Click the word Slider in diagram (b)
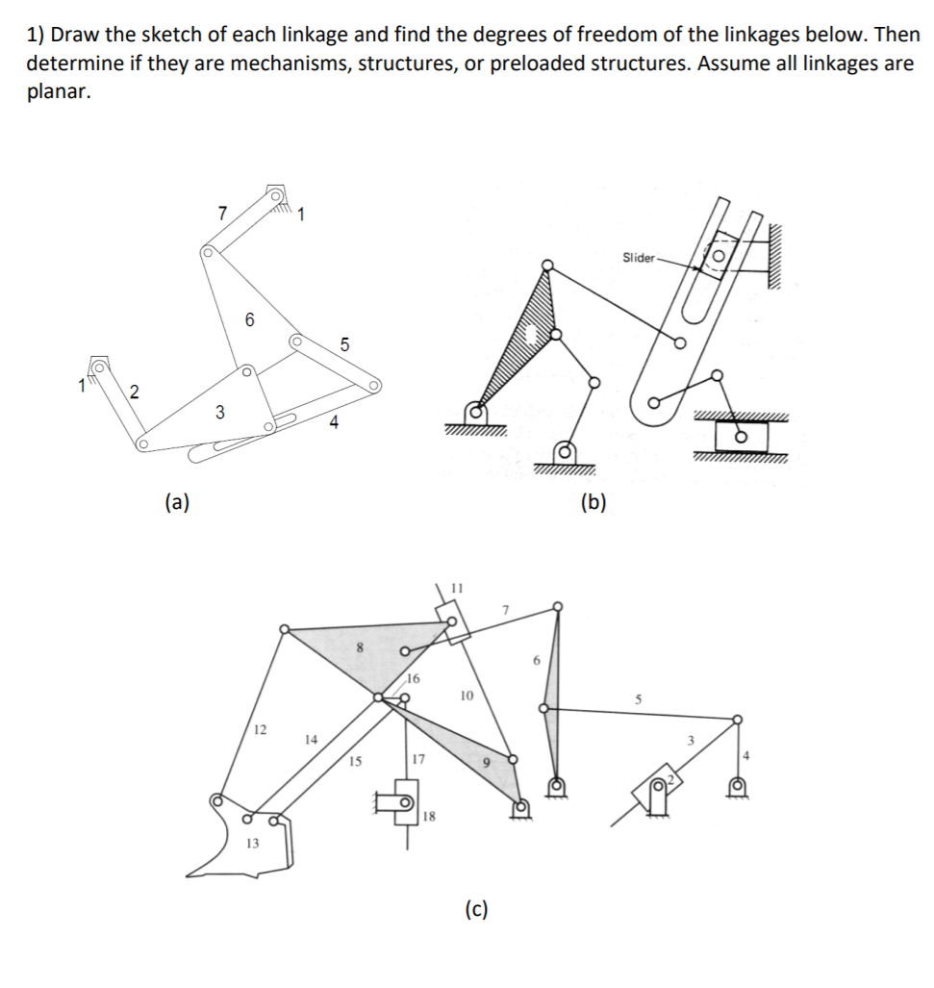tap(638, 257)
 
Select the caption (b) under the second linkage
tap(593, 501)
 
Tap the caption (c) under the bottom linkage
tap(475, 908)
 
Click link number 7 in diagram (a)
tap(222, 214)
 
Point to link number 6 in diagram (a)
tap(249, 319)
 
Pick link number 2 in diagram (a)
tap(134, 391)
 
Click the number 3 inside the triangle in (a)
tap(219, 412)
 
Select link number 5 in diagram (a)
tap(345, 343)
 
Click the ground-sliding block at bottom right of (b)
tap(741, 437)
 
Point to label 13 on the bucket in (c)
tap(252, 843)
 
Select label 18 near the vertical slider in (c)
tap(429, 817)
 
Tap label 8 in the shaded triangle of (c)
tap(361, 647)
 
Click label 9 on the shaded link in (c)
tap(487, 762)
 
